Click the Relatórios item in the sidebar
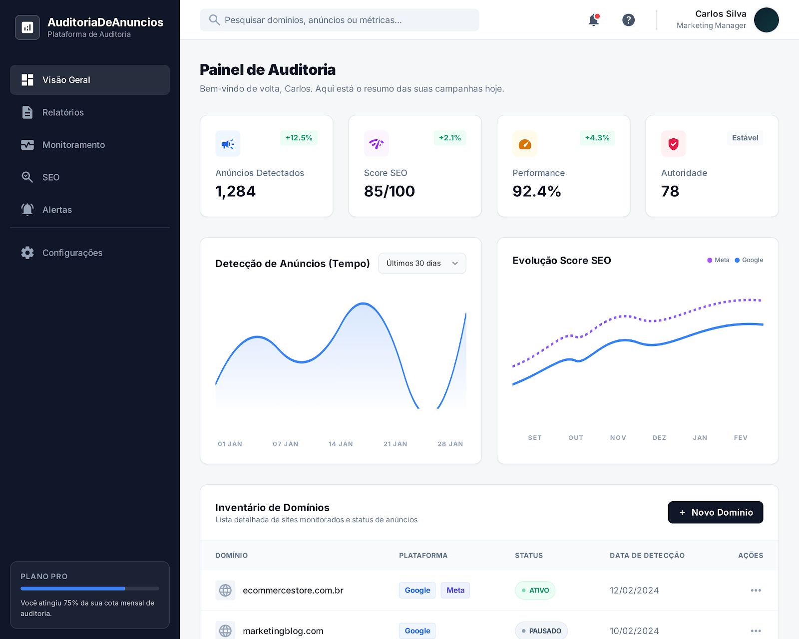click(63, 112)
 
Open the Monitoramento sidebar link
click(73, 145)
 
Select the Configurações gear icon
click(27, 253)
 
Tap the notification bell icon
click(593, 20)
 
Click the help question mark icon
click(628, 20)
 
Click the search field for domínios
click(340, 20)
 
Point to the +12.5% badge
click(299, 138)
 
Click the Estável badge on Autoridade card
click(745, 138)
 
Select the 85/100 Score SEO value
click(390, 191)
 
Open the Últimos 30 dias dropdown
click(422, 263)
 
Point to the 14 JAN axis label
click(341, 444)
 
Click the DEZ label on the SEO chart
click(659, 438)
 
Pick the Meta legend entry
click(719, 260)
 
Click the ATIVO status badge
click(535, 590)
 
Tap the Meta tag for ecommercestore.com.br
click(455, 590)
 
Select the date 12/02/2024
click(634, 590)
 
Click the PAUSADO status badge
click(541, 631)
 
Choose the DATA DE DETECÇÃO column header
click(647, 555)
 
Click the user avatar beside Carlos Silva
click(766, 20)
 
